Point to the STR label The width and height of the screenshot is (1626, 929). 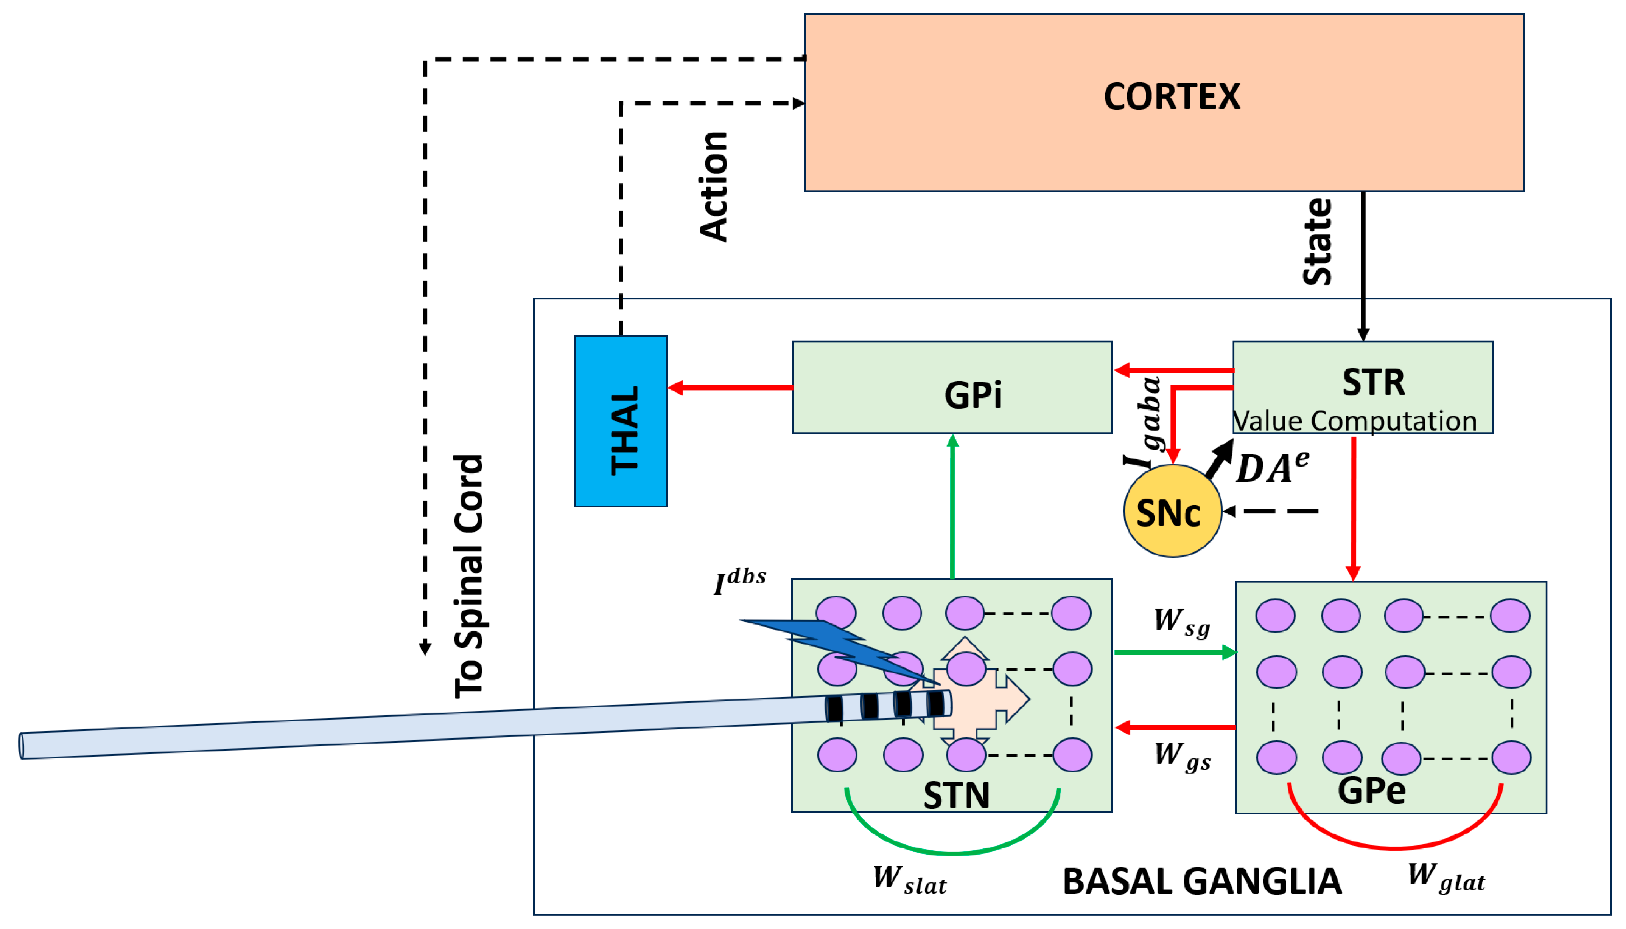1372,382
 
